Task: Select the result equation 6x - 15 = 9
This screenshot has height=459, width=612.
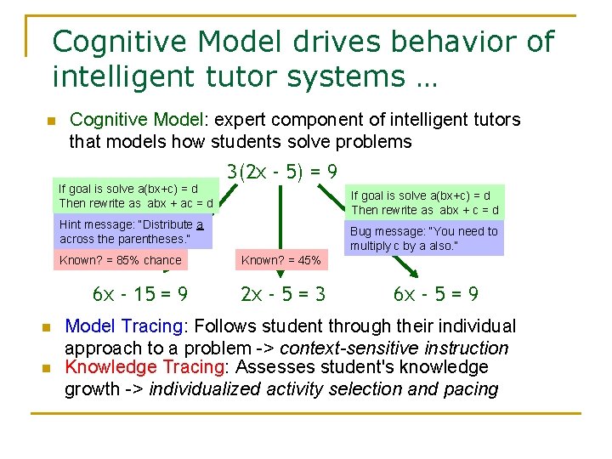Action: (x=140, y=295)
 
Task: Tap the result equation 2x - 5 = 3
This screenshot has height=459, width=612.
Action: (x=283, y=295)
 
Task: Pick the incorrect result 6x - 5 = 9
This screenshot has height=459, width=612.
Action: (x=436, y=295)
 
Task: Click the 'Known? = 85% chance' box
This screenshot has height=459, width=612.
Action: (x=120, y=260)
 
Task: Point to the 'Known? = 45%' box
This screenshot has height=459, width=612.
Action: (x=280, y=260)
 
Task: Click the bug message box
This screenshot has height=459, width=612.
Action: (x=425, y=239)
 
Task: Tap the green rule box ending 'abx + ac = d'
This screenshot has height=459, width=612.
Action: (x=135, y=196)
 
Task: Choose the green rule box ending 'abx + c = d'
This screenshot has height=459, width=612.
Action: (x=425, y=202)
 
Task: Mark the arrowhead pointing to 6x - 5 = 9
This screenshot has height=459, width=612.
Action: (x=411, y=272)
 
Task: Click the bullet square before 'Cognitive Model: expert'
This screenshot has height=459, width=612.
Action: (x=51, y=122)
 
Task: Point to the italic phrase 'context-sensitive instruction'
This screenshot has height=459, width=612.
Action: (x=394, y=348)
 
